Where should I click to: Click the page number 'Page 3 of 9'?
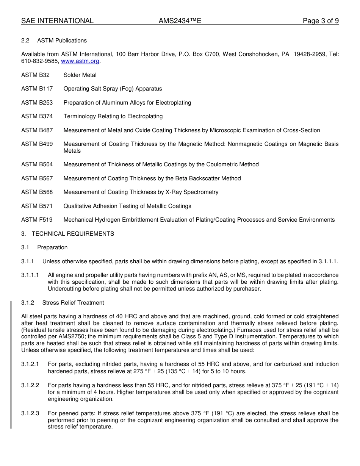coord(321,21)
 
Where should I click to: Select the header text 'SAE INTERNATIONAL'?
coord(57,21)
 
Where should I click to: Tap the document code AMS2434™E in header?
coord(180,21)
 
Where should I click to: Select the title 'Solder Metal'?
coord(80,75)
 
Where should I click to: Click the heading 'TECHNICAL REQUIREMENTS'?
coord(73,234)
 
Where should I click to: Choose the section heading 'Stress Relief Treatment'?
coord(73,303)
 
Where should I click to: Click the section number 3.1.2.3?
coord(30,413)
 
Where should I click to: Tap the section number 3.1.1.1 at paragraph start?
coord(30,275)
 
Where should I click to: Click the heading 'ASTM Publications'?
coord(62,41)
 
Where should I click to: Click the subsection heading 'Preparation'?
coord(52,247)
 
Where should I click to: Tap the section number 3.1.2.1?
coord(30,364)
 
